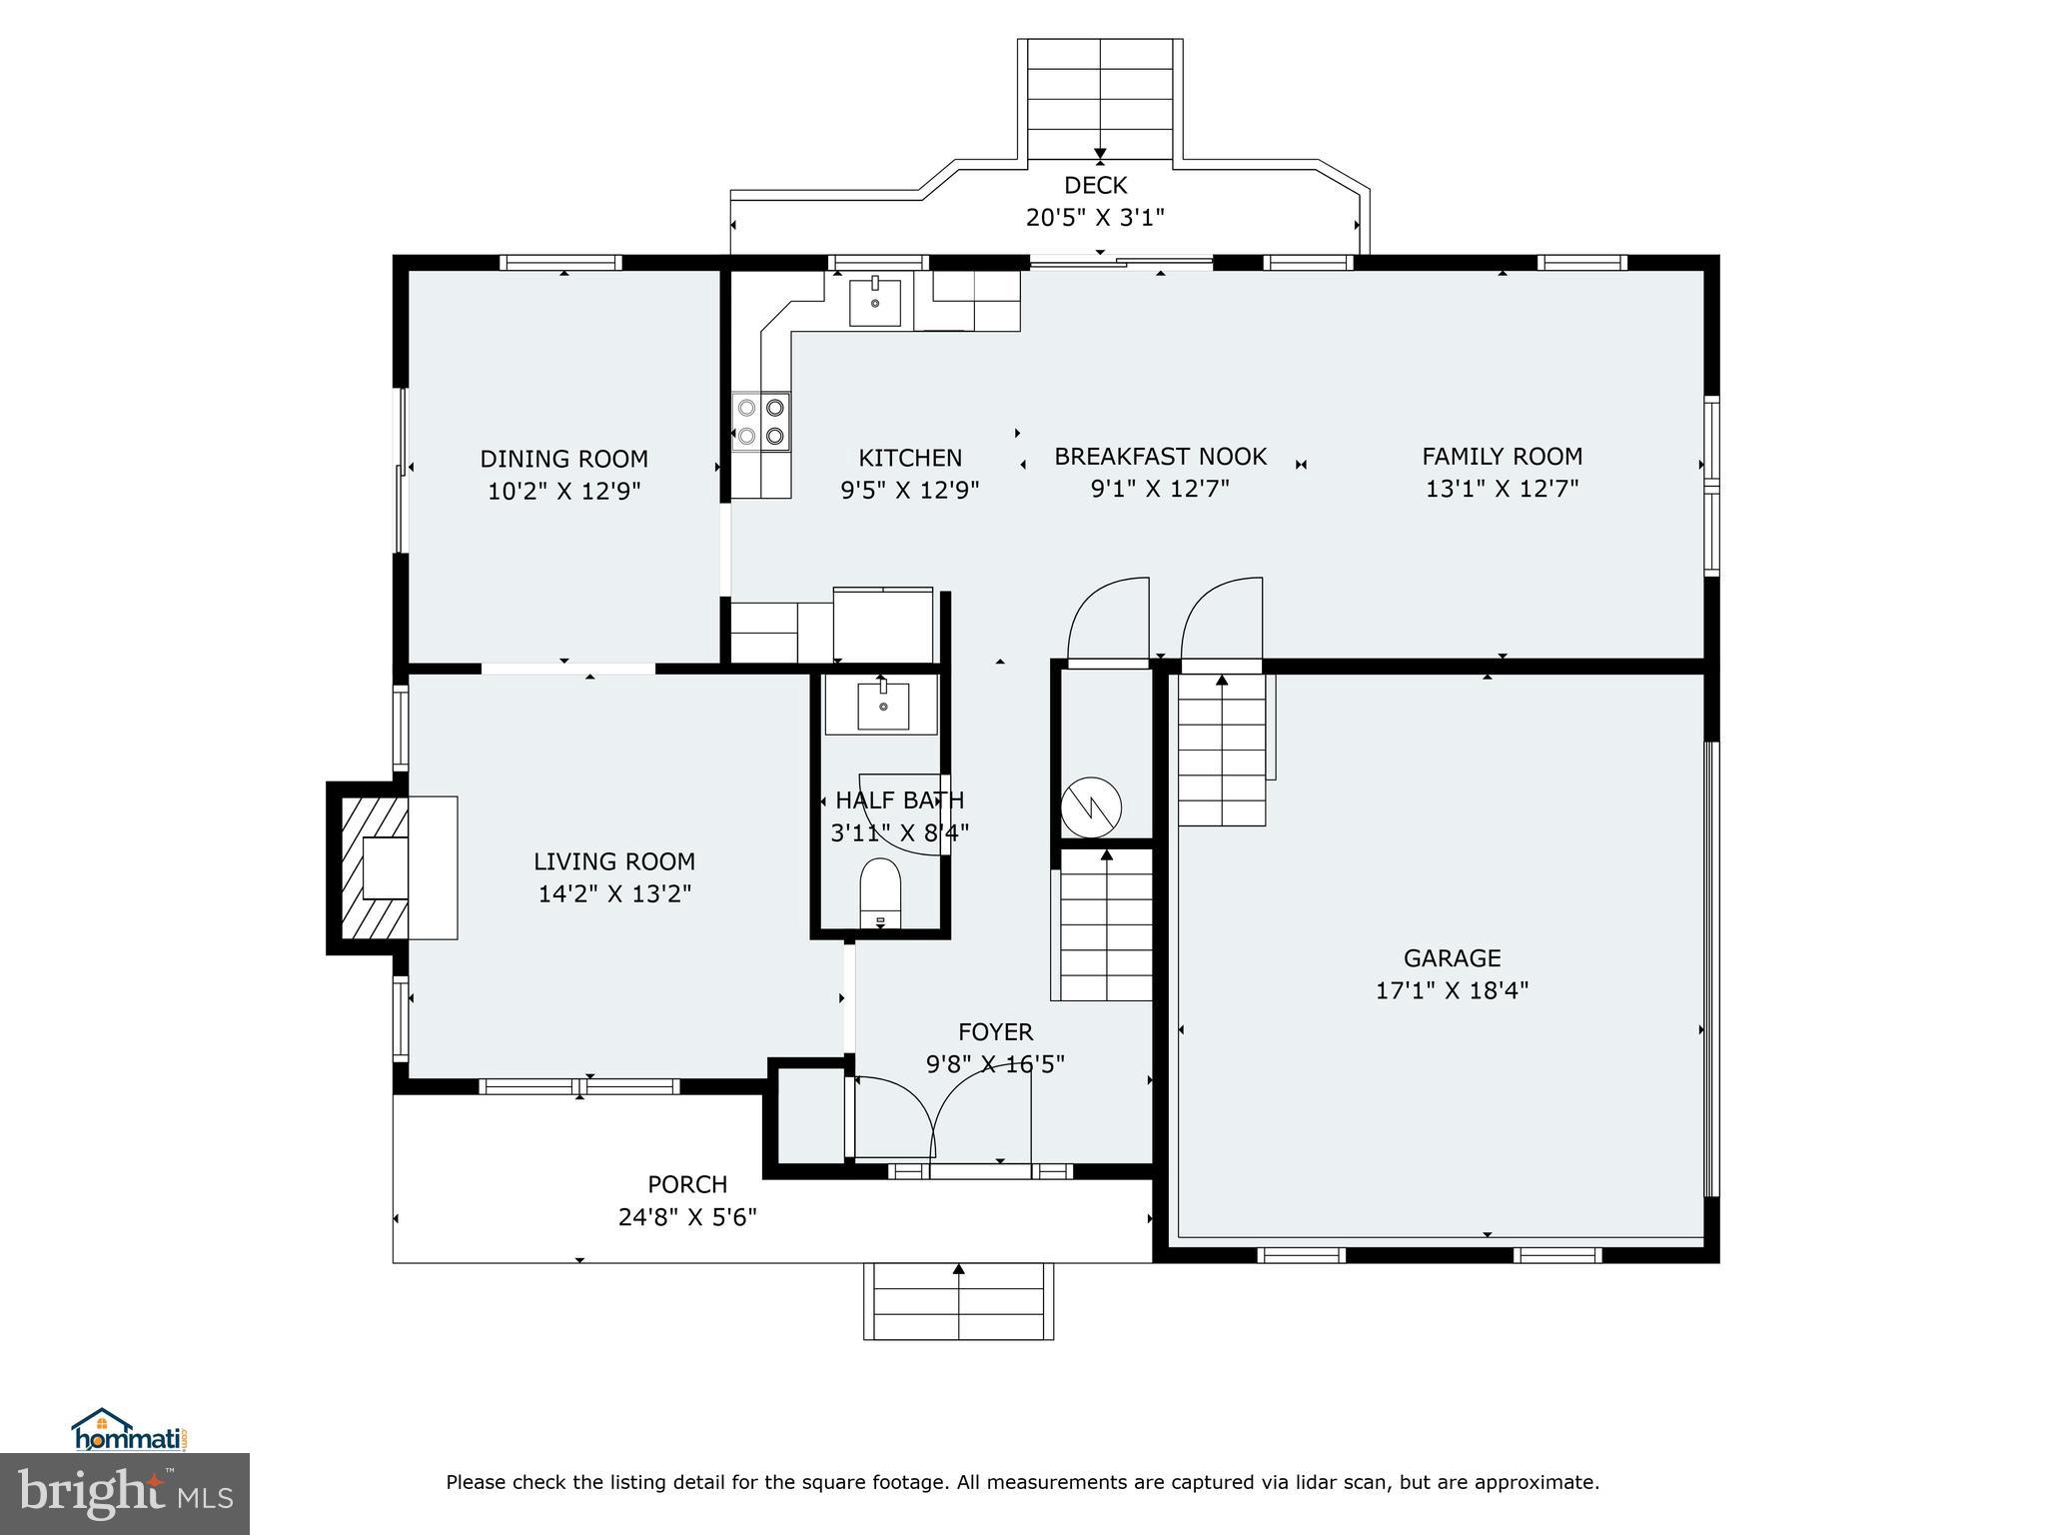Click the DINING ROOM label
pos(563,459)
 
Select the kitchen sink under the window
pos(875,302)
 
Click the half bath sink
pos(883,707)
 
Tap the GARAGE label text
pos(1452,958)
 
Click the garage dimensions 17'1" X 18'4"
pos(1452,990)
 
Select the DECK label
pos(1095,185)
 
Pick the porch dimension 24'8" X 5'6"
pos(687,1216)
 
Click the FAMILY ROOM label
pos(1502,457)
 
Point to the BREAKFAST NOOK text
pos(1160,457)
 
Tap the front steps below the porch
pos(958,1301)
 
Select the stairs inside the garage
pos(1222,750)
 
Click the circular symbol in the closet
pos(1091,806)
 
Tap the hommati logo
pos(130,1432)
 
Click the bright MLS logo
pos(125,1493)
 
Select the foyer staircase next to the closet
pos(1106,924)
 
